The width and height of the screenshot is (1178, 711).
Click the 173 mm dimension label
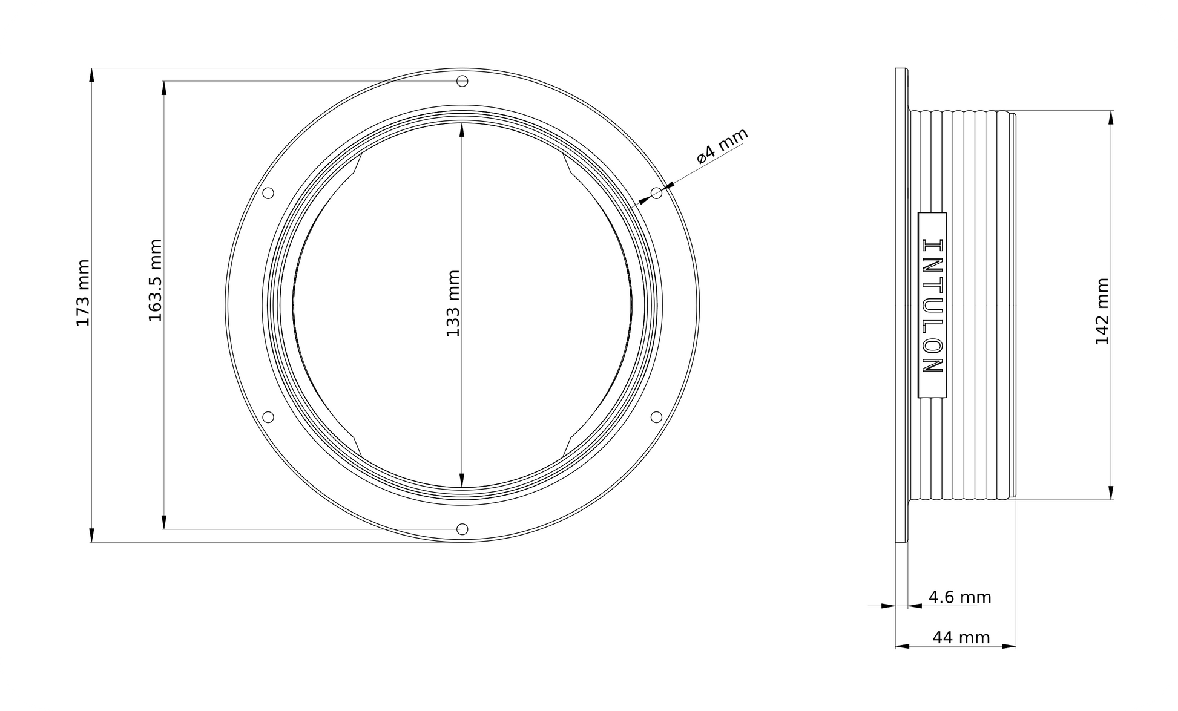(83, 293)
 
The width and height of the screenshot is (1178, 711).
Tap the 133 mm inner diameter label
(453, 304)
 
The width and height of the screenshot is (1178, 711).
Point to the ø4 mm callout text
(722, 146)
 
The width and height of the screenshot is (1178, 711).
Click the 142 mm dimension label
(1102, 312)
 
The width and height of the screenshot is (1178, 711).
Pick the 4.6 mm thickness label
(960, 598)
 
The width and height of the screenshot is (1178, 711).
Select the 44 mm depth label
(961, 637)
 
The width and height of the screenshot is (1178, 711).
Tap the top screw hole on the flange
(462, 81)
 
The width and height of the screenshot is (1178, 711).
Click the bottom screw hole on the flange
(462, 529)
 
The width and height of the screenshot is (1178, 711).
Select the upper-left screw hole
(268, 193)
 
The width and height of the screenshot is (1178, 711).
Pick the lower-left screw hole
(268, 417)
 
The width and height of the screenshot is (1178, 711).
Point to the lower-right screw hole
(656, 417)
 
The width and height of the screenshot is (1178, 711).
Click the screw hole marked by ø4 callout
(656, 193)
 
